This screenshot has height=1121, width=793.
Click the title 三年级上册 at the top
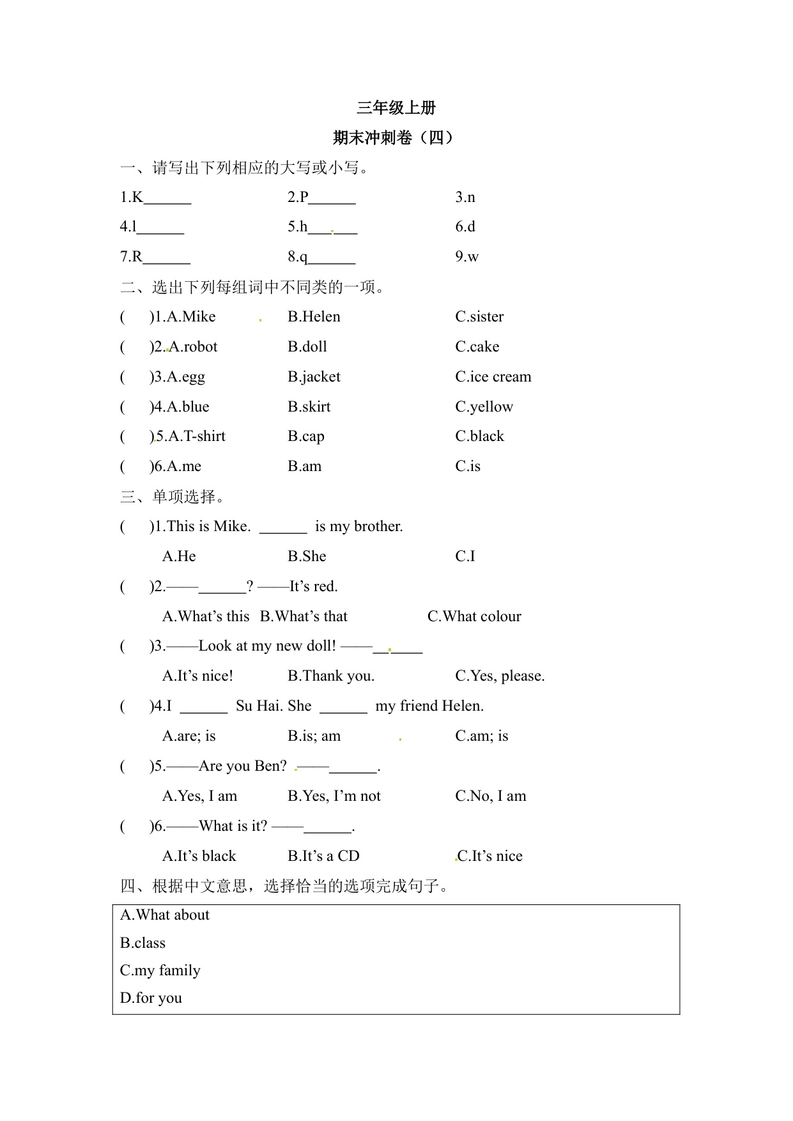396,108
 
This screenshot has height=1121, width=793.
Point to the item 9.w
467,257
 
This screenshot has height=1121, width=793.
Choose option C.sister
479,317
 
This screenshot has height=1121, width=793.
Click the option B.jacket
314,377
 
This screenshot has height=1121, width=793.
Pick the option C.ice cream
493,377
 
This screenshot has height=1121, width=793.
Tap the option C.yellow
484,407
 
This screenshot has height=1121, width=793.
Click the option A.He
179,557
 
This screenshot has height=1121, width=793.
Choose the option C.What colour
474,617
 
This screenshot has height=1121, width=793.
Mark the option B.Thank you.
331,676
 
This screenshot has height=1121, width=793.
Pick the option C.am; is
481,736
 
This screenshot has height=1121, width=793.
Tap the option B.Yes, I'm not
334,796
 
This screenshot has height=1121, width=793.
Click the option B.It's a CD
323,856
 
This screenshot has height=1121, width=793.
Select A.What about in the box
165,915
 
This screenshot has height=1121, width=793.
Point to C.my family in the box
160,971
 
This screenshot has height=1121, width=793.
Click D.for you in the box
151,998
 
